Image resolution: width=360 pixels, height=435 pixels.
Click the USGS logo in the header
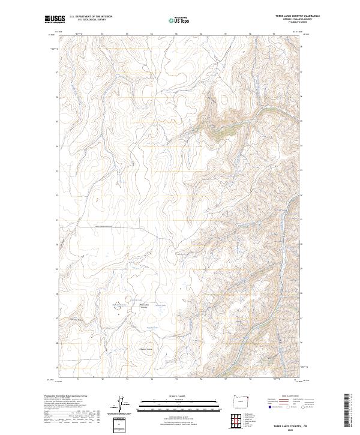coord(54,19)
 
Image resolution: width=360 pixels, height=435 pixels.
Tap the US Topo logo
coord(179,20)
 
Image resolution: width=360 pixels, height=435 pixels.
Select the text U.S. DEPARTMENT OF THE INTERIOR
coord(91,17)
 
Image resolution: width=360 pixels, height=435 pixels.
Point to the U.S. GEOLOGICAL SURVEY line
coord(91,20)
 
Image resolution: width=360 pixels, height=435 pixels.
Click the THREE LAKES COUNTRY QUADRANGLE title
coord(298,16)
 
